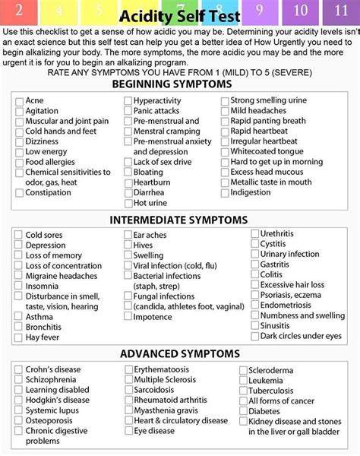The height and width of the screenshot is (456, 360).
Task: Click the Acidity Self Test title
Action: point(180,17)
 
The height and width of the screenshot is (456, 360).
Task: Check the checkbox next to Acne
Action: point(18,101)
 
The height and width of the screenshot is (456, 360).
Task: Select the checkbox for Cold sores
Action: point(18,236)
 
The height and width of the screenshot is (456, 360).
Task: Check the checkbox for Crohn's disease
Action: point(18,369)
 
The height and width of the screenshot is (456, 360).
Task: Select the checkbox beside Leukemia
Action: point(243,380)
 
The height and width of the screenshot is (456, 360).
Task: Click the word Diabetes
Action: point(264,411)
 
